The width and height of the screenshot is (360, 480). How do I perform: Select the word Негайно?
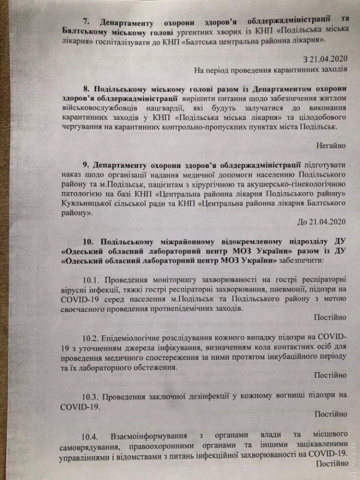point(331,144)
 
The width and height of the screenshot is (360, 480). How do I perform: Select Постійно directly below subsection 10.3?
point(330,414)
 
